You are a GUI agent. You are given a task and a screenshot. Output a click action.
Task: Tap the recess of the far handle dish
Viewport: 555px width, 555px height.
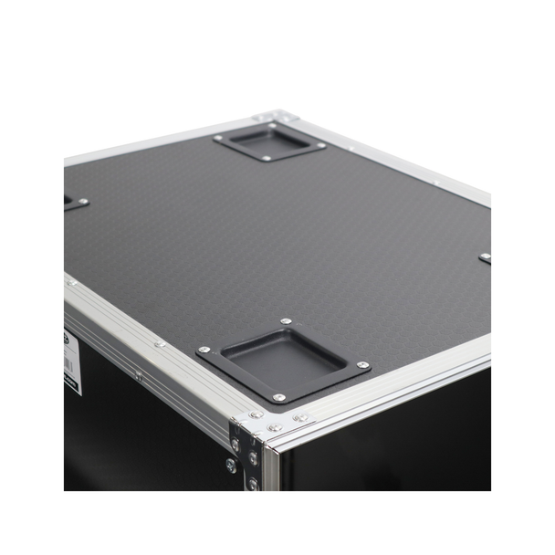(267, 141)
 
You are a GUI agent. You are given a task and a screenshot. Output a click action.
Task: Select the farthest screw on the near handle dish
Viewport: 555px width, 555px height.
(286, 321)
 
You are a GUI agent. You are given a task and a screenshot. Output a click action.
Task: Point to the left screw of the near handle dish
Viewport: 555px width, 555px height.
(204, 350)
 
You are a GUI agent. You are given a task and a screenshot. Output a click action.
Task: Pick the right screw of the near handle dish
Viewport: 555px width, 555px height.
(363, 365)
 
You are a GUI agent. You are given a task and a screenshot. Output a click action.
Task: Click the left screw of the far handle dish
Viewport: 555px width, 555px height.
(219, 138)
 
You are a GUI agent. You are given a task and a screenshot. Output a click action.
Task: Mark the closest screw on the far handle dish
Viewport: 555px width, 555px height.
(267, 159)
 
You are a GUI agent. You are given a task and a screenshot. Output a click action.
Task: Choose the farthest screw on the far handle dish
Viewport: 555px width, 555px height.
(271, 125)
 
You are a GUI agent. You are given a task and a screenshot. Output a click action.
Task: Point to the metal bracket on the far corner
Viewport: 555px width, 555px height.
(271, 116)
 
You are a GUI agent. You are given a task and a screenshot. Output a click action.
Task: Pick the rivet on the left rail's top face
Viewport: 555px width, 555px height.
(159, 344)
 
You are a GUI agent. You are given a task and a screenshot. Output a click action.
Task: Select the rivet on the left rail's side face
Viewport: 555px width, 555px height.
(138, 374)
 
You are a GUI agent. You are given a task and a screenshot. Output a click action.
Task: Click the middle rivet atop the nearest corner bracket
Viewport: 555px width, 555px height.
(274, 427)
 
